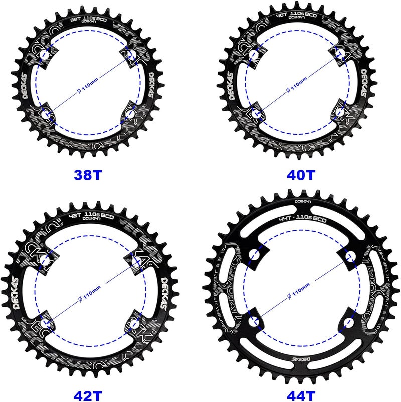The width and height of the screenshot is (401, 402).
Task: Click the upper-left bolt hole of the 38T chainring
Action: pyautogui.click(x=46, y=54)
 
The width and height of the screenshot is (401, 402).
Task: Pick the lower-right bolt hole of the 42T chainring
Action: pyautogui.click(x=135, y=323)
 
